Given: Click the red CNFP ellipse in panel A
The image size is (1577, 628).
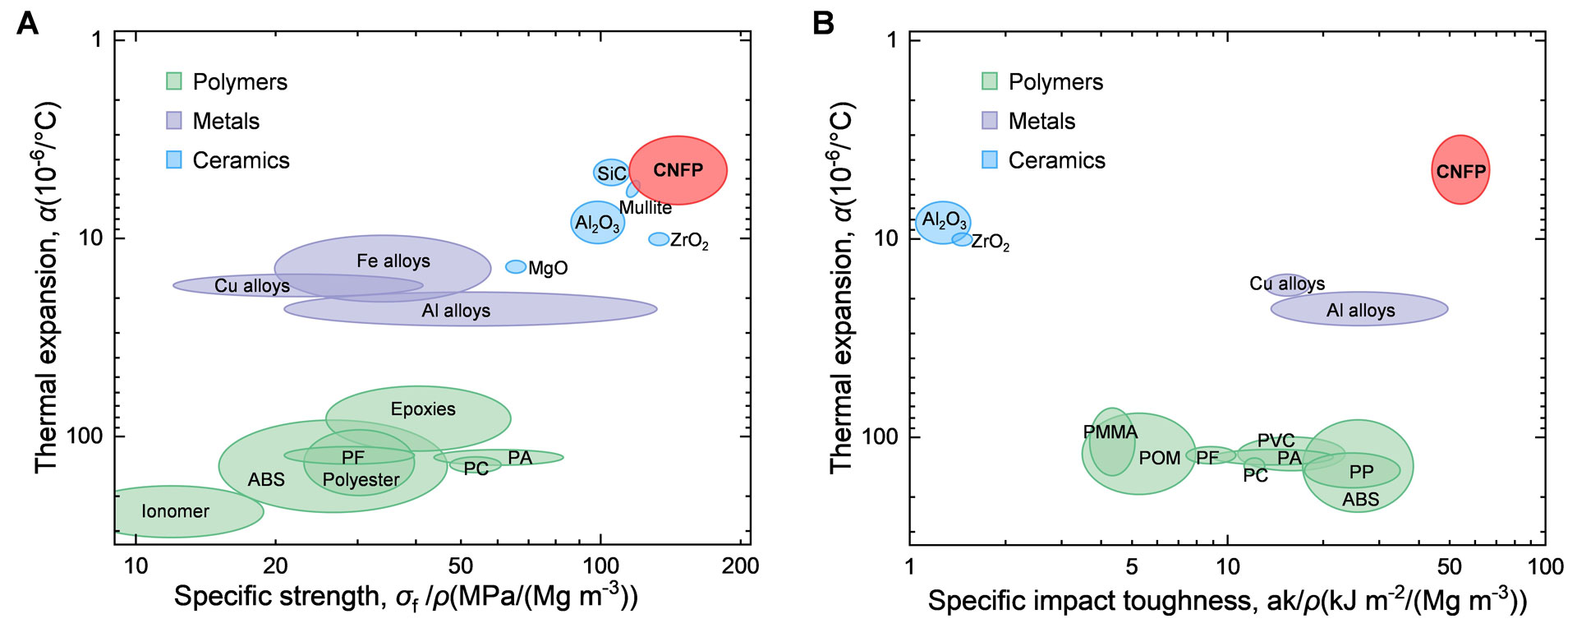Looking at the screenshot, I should (x=678, y=170).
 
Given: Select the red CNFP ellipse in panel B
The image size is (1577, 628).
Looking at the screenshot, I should (x=1460, y=170).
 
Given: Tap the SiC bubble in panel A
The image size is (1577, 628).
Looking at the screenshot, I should (x=610, y=173).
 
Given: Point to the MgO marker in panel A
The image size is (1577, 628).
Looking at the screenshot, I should (x=516, y=266).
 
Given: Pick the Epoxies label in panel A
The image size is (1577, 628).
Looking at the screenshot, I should (x=423, y=409).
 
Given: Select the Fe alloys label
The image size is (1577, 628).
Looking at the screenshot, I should (x=393, y=261).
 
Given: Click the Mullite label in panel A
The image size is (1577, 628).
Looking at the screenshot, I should (x=646, y=208).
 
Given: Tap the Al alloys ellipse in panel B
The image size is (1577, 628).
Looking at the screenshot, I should (x=1359, y=309).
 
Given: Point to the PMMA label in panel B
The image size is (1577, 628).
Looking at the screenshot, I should (x=1110, y=432).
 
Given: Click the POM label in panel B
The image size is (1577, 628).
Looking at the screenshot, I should (x=1160, y=458).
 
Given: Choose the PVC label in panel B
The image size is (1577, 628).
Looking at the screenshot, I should (x=1276, y=441).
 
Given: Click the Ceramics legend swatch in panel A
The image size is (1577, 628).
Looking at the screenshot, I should (x=174, y=160).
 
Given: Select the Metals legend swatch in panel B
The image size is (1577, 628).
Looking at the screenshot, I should (x=990, y=121).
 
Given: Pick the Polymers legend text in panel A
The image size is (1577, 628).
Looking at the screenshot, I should (x=240, y=82).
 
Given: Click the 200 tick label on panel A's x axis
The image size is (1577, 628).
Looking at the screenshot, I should (x=740, y=566).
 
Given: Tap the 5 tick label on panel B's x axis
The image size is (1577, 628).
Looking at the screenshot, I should (x=1132, y=566).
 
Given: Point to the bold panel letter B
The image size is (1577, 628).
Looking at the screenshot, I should (x=823, y=24).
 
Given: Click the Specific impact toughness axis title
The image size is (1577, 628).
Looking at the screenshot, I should (x=1227, y=601).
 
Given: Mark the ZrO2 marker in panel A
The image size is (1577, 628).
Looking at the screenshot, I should (x=659, y=239).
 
